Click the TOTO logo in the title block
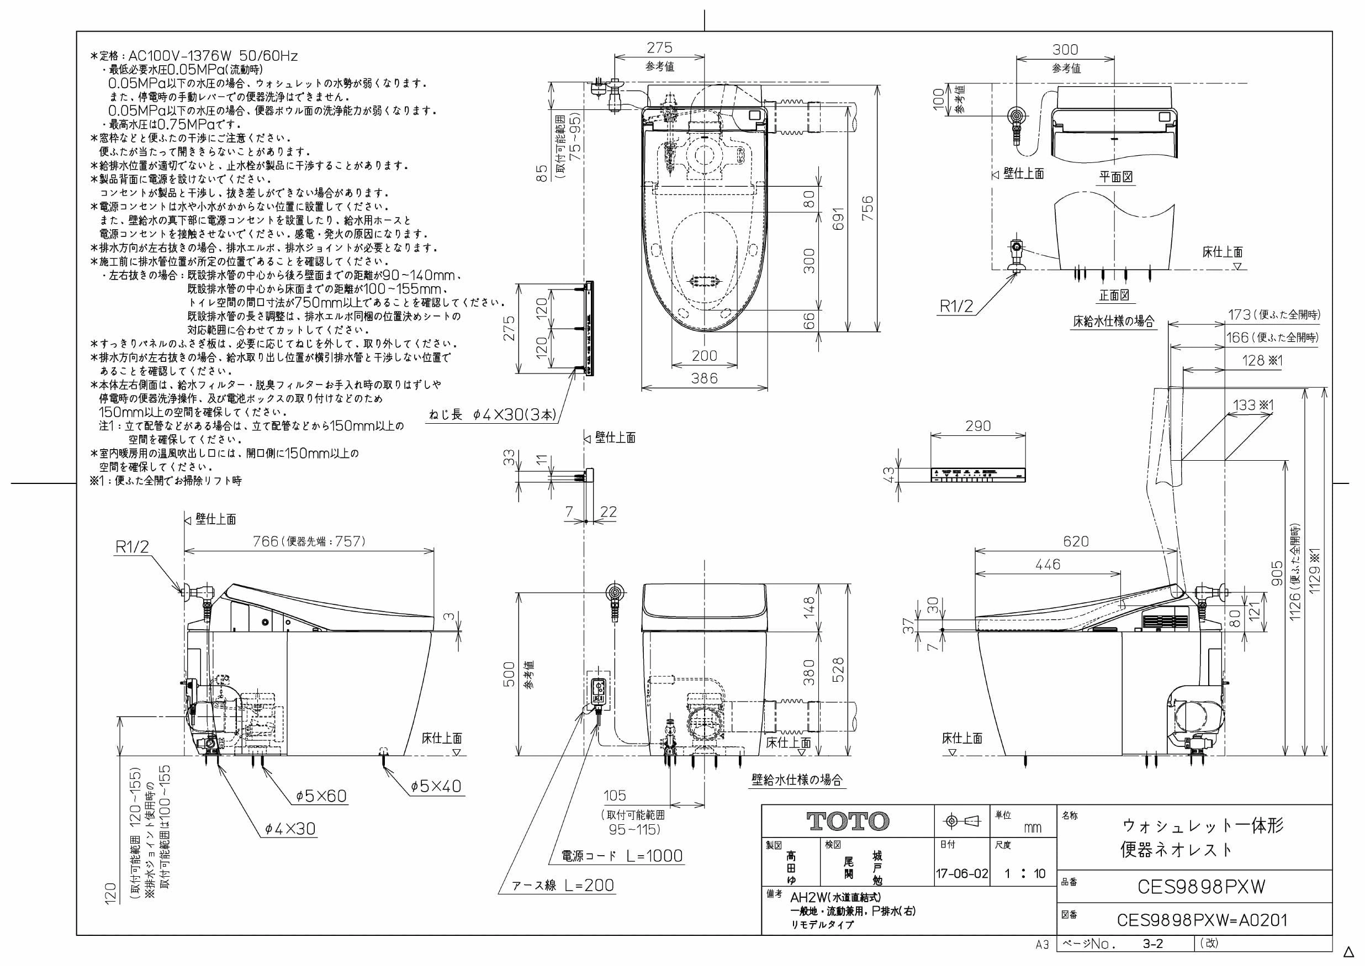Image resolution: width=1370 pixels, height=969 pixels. (x=848, y=821)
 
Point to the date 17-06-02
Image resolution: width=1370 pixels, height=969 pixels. (x=962, y=874)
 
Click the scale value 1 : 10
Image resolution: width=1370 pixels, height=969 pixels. (x=1024, y=874)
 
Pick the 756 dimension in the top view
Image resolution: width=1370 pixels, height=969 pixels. (x=868, y=208)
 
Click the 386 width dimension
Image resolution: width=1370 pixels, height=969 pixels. (x=704, y=378)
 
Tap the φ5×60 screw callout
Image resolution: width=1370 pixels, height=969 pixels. (x=321, y=796)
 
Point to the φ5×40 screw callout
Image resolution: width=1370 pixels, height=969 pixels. (x=436, y=786)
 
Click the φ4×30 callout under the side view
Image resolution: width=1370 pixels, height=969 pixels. (x=290, y=828)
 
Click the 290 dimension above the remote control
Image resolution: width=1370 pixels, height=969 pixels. (x=978, y=426)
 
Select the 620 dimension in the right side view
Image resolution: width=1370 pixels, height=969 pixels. (x=1076, y=541)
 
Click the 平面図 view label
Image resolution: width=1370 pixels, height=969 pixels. (x=1117, y=177)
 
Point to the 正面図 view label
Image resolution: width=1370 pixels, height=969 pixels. (x=1114, y=295)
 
